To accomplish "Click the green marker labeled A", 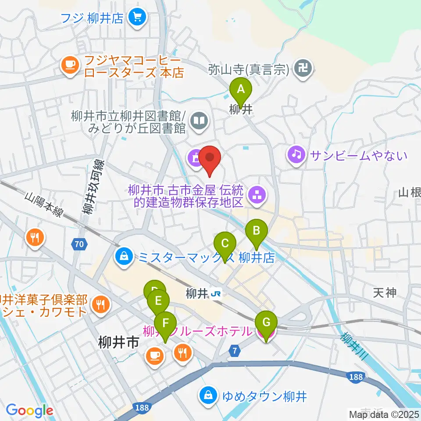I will click(x=241, y=90).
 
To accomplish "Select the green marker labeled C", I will click(x=225, y=243).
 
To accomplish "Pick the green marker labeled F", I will click(x=165, y=324).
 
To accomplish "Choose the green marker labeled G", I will click(x=266, y=323).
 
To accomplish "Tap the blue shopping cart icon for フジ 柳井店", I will click(x=137, y=18).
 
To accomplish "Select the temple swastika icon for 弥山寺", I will click(x=303, y=69).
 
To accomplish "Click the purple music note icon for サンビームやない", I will click(x=296, y=155).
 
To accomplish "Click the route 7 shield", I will click(x=235, y=350).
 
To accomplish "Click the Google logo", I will click(x=29, y=411).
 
